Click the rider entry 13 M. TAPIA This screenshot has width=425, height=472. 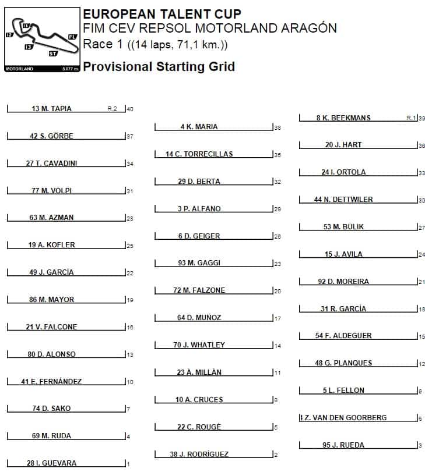click(51, 109)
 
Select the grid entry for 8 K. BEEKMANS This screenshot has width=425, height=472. click(343, 118)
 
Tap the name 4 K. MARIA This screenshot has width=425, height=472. click(199, 127)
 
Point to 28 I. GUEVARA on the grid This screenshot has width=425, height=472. click(51, 463)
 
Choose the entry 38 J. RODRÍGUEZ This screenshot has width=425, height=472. click(199, 454)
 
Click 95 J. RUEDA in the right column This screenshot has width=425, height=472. click(343, 445)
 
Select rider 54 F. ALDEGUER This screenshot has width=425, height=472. click(343, 336)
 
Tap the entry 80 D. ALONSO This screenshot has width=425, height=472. click(51, 354)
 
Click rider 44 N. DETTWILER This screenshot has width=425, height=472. click(343, 200)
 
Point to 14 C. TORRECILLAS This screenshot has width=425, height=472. click(199, 154)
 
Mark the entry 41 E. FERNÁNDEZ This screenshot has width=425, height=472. click(51, 382)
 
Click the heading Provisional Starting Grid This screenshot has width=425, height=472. click(159, 66)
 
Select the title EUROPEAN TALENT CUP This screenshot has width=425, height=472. click(162, 15)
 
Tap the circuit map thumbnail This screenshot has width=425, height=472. click(42, 40)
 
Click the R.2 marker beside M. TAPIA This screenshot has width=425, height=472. click(112, 109)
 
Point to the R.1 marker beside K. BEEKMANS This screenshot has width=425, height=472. click(411, 118)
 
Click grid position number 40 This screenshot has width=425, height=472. click(130, 109)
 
